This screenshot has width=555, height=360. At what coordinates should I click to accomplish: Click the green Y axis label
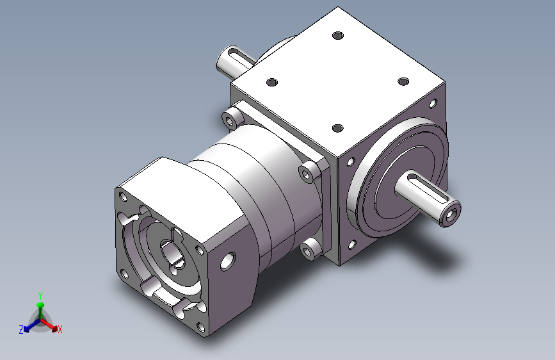tap(40, 295)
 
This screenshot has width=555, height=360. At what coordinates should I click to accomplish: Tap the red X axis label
tap(60, 329)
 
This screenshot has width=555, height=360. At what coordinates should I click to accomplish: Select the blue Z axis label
tap(21, 329)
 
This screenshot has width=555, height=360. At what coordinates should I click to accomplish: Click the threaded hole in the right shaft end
tap(450, 215)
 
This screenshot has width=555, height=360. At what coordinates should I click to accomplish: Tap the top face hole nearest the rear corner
tap(338, 35)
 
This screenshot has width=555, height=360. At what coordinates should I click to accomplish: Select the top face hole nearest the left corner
tap(272, 83)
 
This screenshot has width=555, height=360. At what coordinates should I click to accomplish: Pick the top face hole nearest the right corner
tap(403, 82)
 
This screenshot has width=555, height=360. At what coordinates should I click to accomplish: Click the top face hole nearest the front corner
tap(338, 128)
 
